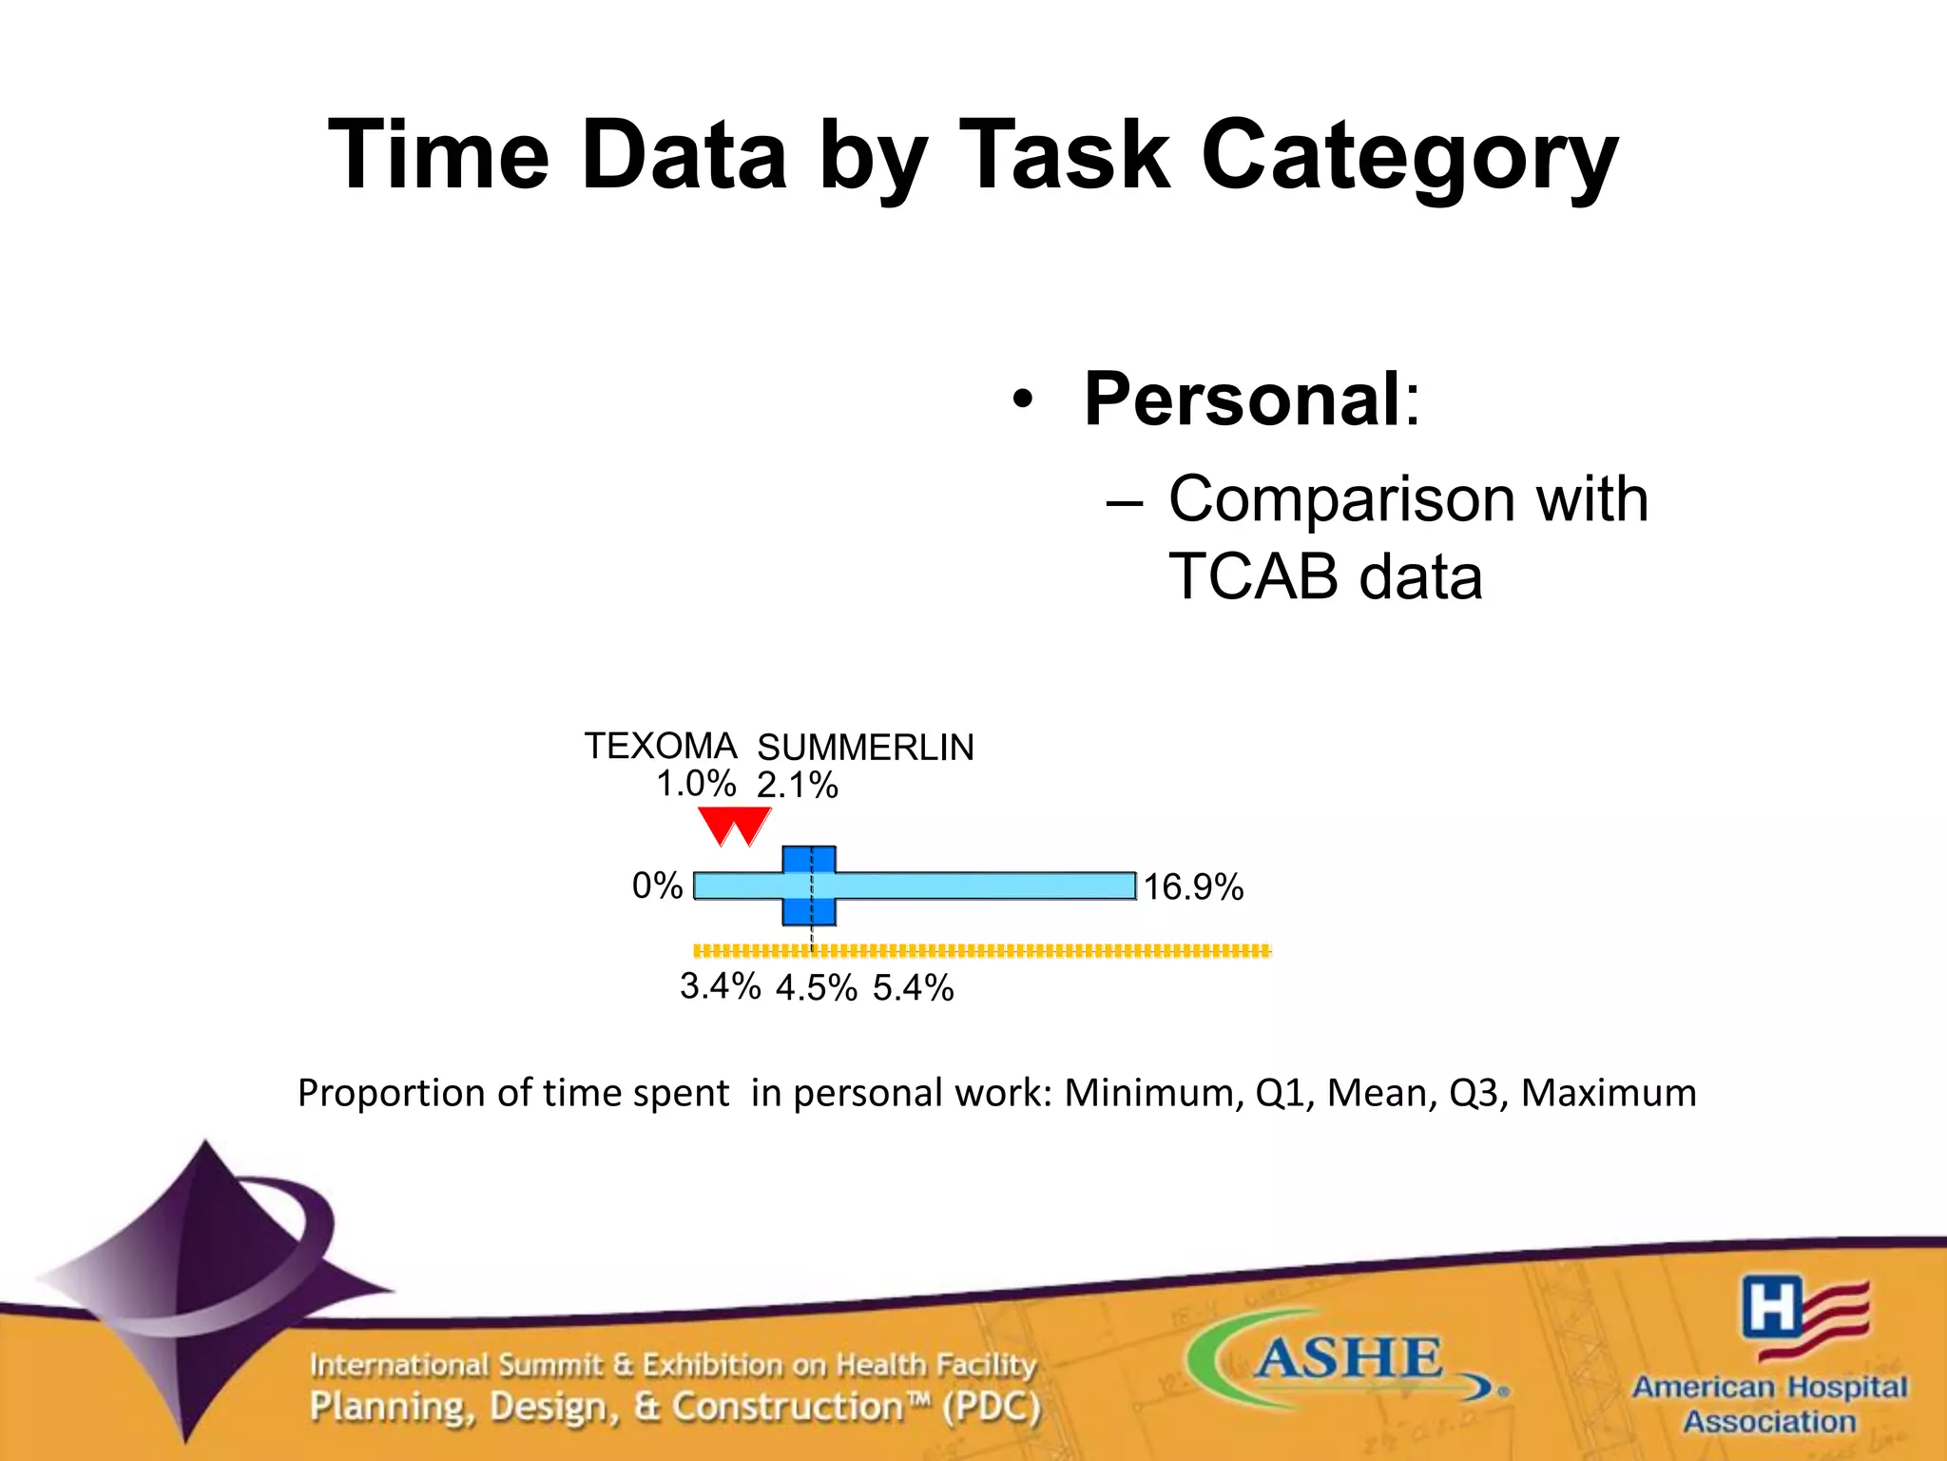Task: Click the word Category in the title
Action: coord(1409,157)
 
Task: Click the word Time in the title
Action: coord(438,155)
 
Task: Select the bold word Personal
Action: coord(1242,399)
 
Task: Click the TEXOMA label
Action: coord(660,747)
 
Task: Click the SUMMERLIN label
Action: coord(865,749)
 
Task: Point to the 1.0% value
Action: coord(696,785)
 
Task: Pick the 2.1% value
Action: coord(797,787)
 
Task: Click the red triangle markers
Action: coord(734,826)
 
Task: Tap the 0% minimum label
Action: coord(657,886)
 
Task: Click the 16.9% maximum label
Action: coord(1193,888)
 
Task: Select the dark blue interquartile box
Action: coord(809,886)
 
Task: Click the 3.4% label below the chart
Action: coord(720,987)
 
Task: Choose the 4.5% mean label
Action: coord(816,989)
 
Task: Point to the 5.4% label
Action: coord(913,989)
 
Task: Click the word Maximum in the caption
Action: coord(1609,1093)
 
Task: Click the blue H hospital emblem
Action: coord(1771,1309)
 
